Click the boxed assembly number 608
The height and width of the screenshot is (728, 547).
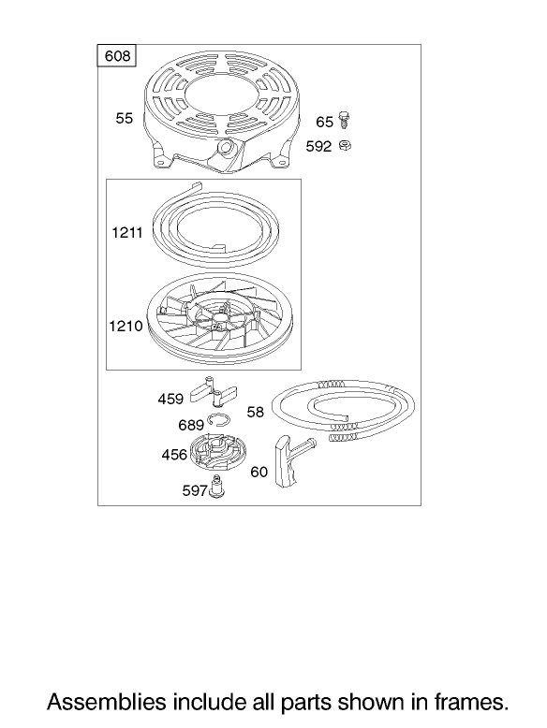[117, 56]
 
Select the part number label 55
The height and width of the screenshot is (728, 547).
[124, 119]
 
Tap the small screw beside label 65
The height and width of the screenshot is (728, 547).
[344, 120]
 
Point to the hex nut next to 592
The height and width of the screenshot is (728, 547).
[345, 146]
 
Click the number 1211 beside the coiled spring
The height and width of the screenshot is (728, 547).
[126, 232]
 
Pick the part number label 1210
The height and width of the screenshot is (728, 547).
[126, 326]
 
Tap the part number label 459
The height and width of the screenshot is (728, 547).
[170, 399]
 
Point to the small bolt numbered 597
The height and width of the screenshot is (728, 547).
[215, 487]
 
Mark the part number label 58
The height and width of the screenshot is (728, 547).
[255, 412]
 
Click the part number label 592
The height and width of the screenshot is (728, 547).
[318, 147]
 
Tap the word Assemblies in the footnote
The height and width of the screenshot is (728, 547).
[107, 702]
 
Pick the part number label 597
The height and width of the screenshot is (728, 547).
[195, 490]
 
